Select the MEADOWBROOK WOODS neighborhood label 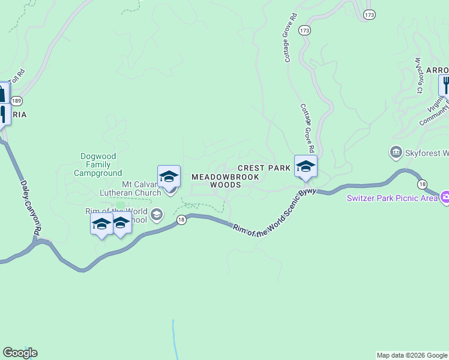(x=225, y=181)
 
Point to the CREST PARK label (x=264, y=169)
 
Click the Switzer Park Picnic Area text (x=392, y=198)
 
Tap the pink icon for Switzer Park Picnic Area (x=445, y=197)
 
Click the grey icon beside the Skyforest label (x=396, y=152)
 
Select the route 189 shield (x=17, y=101)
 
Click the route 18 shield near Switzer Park (x=423, y=184)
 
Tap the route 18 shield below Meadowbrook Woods (x=181, y=220)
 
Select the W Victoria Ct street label (x=418, y=76)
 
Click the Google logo (x=20, y=353)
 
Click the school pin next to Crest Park (x=306, y=166)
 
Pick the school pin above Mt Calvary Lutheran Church (x=169, y=176)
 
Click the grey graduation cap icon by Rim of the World (x=157, y=214)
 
